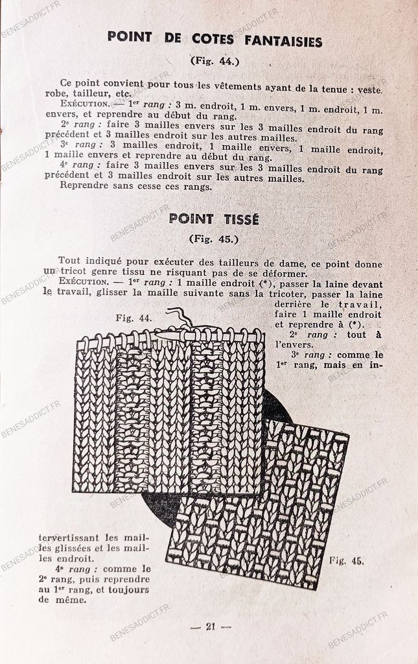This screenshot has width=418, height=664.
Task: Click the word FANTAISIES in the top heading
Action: pyautogui.click(x=283, y=41)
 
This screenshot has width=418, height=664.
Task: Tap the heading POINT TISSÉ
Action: pyautogui.click(x=214, y=219)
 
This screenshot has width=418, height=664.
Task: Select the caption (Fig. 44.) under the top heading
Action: pyautogui.click(x=215, y=62)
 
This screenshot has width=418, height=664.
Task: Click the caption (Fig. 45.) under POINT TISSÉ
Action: pyautogui.click(x=214, y=239)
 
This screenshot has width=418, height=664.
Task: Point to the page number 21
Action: pyautogui.click(x=210, y=626)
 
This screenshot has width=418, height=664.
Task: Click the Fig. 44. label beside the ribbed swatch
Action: pyautogui.click(x=134, y=318)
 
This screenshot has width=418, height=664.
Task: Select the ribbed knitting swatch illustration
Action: pyautogui.click(x=168, y=415)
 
